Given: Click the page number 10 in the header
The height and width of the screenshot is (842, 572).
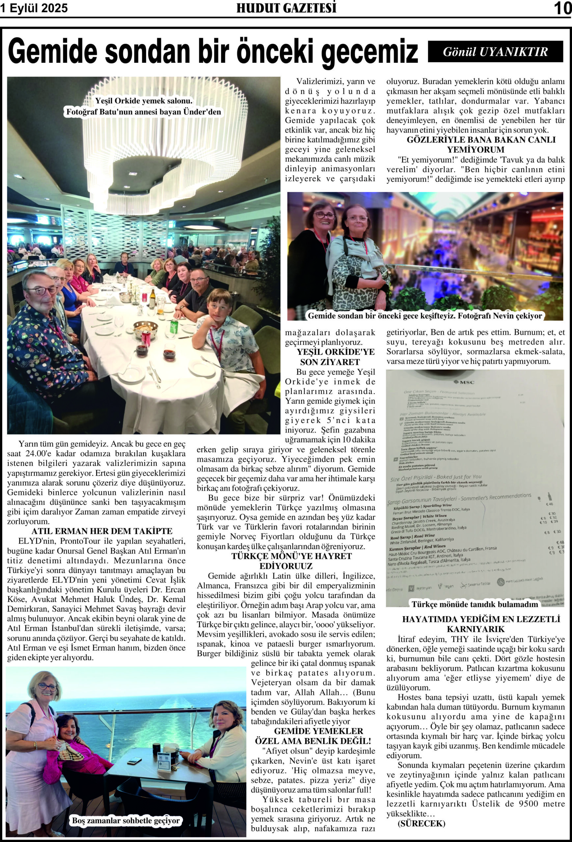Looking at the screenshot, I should point(562,8).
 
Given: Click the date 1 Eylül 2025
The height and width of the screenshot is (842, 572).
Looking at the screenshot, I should point(34,8).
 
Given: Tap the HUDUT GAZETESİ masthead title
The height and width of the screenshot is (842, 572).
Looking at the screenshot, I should point(286,8).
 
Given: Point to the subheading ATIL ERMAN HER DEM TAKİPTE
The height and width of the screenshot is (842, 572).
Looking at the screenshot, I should point(97,531).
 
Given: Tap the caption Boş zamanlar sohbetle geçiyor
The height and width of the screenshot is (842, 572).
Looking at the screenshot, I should point(126,821).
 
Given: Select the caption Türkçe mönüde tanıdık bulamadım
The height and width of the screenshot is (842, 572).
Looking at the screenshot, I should point(475,604).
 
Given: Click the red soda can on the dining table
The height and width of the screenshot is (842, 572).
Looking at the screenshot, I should point(146,338).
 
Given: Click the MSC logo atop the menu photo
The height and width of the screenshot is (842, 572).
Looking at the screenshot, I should point(464,382).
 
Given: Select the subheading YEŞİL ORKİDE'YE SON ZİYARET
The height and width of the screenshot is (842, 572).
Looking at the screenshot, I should point(330,357).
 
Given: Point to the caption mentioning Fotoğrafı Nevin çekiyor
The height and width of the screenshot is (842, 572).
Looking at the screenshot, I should point(425,315).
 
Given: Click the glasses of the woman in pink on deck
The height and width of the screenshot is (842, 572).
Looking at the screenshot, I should point(47,686).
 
